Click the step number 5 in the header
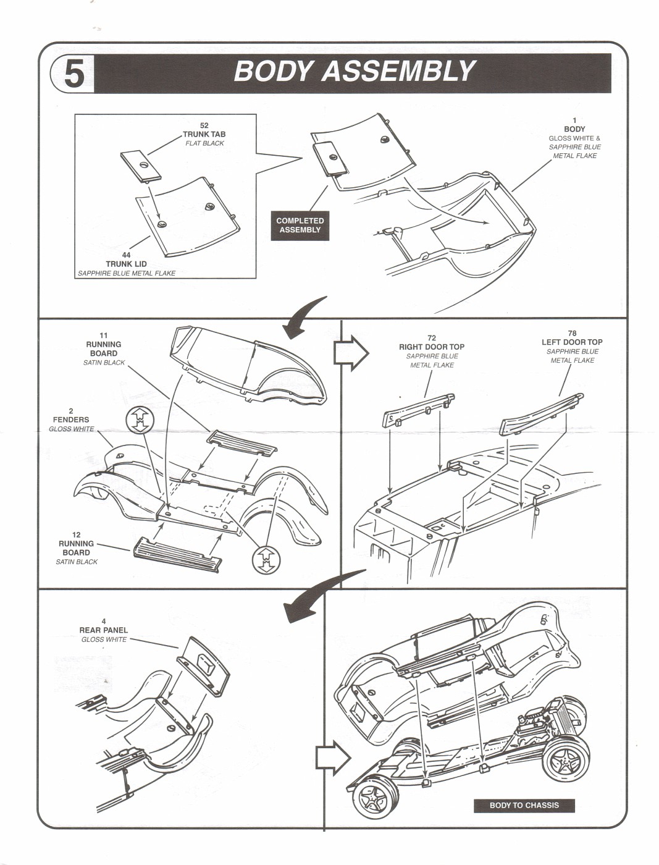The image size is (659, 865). pos(73,74)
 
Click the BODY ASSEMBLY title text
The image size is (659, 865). pos(354,72)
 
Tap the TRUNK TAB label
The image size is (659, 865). pos(204,134)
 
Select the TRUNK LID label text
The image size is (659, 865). pos(126,264)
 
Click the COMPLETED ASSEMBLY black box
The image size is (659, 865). pos(300,225)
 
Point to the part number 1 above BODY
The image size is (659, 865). pos(574,120)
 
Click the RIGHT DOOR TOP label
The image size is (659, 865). pos(431,347)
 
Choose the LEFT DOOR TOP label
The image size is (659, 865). pos(572,342)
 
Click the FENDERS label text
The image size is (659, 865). pos(71,420)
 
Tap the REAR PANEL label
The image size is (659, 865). pos(103,630)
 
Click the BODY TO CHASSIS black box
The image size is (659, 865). pos(524,805)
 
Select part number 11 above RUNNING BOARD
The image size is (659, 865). pos(104,335)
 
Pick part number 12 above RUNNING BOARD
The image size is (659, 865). pos(76,535)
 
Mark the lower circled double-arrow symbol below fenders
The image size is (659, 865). pos(266,559)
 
